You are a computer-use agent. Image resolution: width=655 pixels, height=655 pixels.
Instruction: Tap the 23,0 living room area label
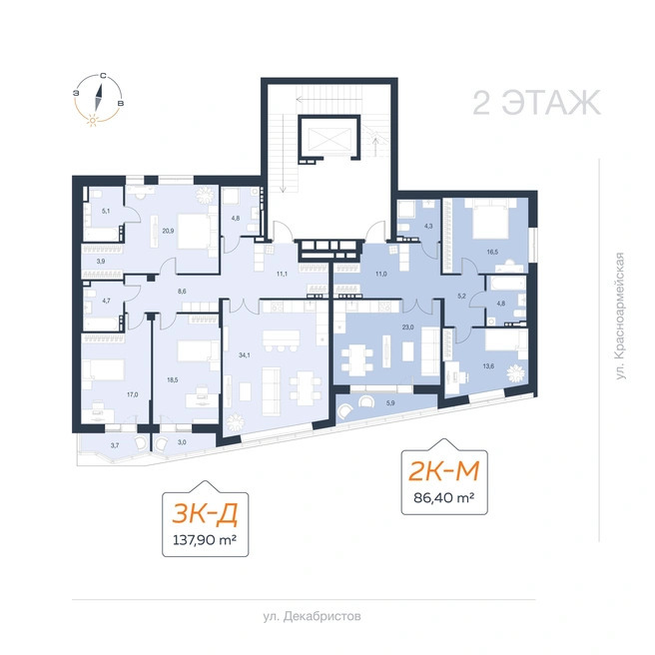(407, 327)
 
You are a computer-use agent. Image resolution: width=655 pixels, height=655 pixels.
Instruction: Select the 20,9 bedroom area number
(168, 231)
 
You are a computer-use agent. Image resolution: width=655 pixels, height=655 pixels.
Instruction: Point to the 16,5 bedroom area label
(492, 252)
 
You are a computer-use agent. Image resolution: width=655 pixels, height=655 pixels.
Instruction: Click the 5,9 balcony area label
(390, 403)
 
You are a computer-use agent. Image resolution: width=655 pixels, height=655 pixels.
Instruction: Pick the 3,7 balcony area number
(115, 445)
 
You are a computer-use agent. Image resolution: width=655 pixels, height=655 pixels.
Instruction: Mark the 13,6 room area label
(488, 366)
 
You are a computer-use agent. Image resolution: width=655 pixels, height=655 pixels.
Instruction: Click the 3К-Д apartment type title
(205, 513)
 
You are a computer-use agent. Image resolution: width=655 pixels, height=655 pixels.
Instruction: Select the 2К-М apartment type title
(444, 471)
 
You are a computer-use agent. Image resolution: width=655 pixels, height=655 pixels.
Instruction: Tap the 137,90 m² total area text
(205, 540)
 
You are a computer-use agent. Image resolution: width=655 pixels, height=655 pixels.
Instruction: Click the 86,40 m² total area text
(444, 497)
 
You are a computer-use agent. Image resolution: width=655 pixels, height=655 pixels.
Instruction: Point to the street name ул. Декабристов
(313, 617)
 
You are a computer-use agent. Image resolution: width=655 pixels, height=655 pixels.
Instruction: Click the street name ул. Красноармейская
(621, 316)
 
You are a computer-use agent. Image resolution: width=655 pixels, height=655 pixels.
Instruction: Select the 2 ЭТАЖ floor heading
(537, 102)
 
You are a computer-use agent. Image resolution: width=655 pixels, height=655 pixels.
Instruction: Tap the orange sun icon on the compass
(92, 121)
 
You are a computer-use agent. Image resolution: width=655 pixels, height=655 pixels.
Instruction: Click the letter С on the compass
(103, 76)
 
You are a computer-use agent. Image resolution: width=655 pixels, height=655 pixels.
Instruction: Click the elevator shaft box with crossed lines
(329, 139)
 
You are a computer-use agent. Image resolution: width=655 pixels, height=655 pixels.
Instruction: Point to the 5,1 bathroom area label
(106, 211)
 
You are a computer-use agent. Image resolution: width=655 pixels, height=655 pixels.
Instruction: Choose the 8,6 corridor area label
(182, 292)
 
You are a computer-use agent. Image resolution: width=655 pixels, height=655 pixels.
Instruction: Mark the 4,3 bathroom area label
(428, 226)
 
